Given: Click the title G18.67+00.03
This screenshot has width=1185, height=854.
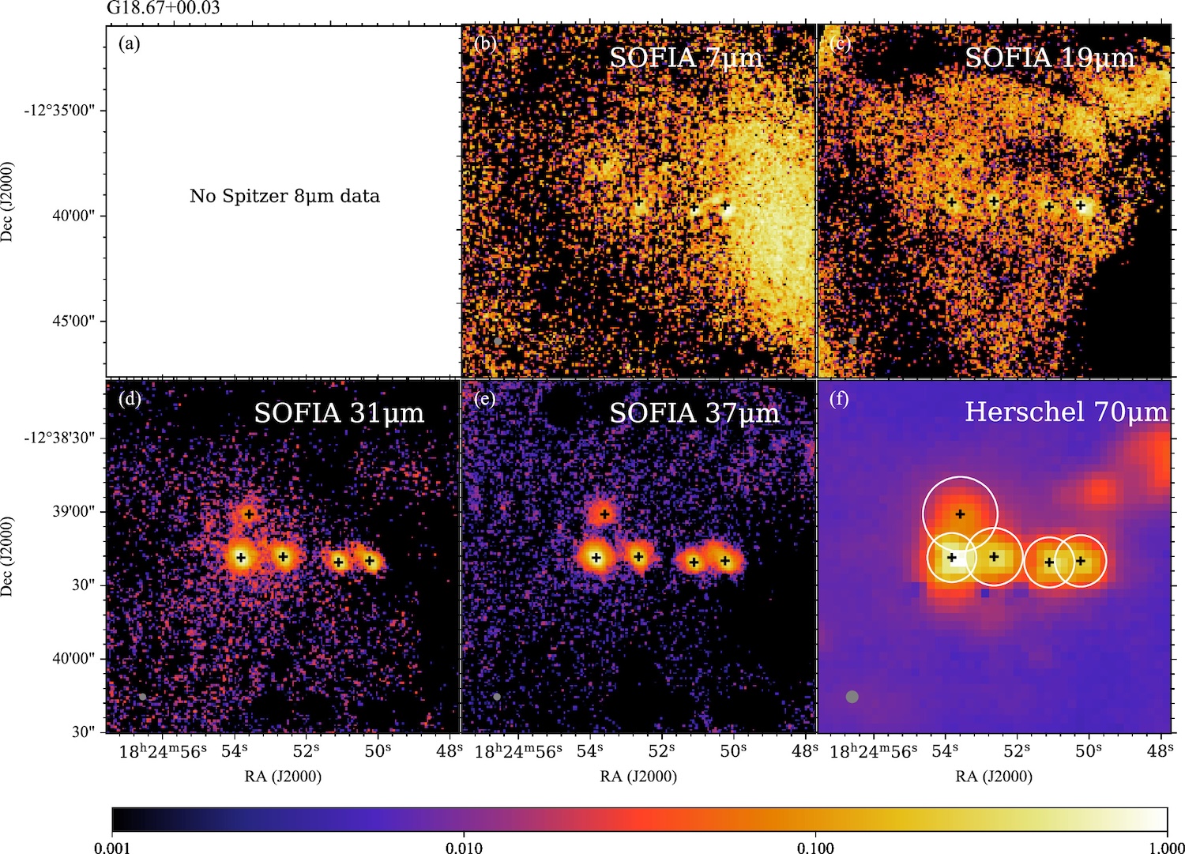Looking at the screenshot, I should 163,9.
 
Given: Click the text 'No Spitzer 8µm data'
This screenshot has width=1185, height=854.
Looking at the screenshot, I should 284,196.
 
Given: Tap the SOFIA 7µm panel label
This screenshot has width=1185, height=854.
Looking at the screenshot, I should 686,58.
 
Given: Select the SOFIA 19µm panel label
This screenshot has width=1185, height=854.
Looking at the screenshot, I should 1049,58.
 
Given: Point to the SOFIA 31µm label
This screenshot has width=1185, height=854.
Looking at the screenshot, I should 339,413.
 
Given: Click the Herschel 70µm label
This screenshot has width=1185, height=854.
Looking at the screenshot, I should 1066,412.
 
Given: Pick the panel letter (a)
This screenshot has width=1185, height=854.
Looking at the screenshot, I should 129,44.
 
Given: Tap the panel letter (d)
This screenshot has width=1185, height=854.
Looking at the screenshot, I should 129,399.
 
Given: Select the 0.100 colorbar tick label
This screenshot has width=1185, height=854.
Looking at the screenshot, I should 815,848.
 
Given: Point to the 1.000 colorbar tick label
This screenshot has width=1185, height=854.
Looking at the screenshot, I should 1167,848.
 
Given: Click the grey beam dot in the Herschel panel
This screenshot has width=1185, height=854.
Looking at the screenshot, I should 852,697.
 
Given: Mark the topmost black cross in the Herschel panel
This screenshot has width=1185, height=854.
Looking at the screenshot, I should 961,514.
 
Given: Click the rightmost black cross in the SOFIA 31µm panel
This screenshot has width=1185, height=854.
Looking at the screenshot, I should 370,561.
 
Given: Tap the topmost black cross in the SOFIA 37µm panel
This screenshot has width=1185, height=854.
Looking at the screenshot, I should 604,514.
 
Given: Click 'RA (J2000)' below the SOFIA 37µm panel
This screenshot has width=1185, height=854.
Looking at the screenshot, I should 638,777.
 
